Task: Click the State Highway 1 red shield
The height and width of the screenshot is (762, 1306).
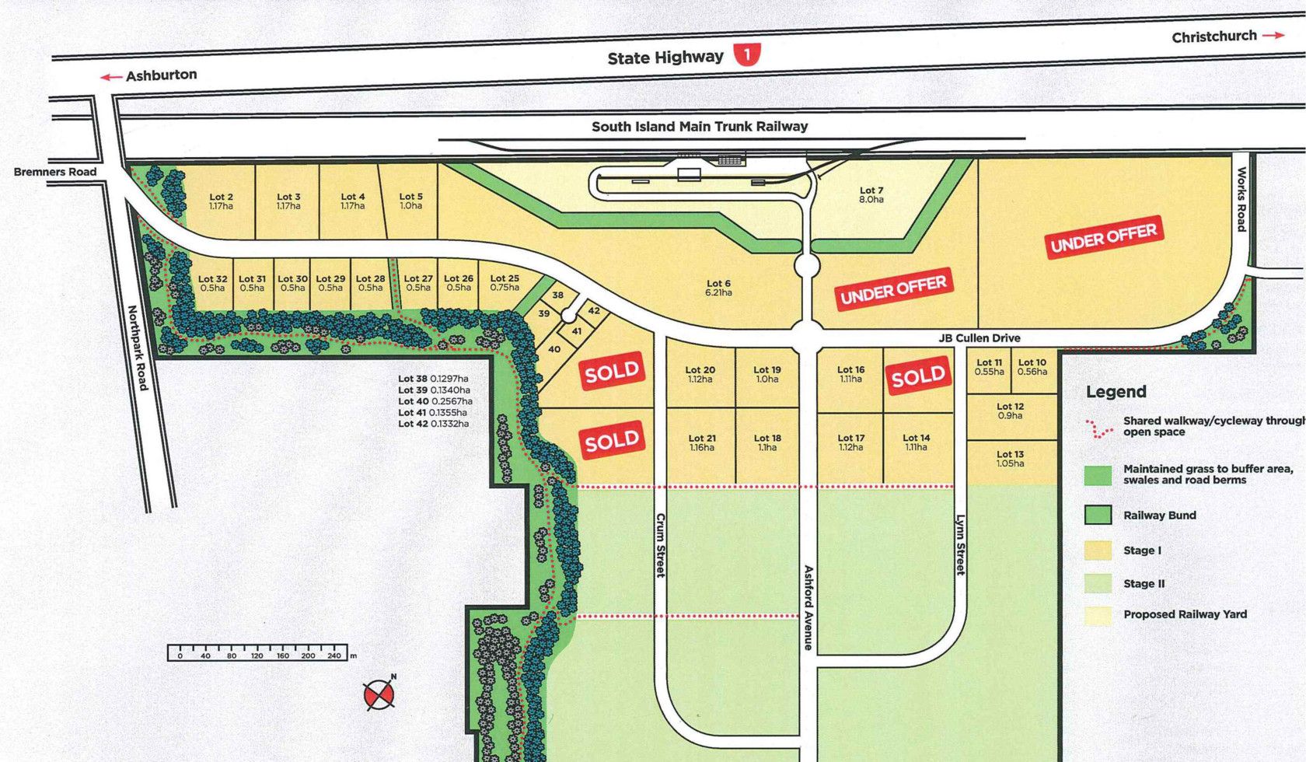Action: click(x=747, y=54)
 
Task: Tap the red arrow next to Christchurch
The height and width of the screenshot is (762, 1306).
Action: click(x=1273, y=35)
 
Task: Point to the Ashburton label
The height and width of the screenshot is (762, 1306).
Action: click(x=161, y=75)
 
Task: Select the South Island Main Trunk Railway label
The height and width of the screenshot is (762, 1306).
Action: click(x=700, y=127)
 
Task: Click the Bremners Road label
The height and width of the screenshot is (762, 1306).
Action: click(x=55, y=172)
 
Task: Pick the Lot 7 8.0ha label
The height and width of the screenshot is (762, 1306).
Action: click(x=871, y=195)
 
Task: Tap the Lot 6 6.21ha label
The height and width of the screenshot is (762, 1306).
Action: click(x=718, y=288)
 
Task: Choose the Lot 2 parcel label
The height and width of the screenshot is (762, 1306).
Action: click(x=221, y=202)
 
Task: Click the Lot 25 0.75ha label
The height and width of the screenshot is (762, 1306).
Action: click(x=505, y=283)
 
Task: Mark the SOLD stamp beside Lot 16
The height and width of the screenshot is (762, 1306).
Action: click(x=918, y=377)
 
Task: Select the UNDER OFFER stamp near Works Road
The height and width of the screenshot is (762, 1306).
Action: click(x=1104, y=236)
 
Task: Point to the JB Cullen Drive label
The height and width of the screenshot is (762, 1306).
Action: click(x=979, y=338)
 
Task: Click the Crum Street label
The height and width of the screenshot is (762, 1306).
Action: click(x=661, y=545)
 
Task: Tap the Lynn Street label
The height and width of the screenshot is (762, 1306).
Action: click(x=960, y=545)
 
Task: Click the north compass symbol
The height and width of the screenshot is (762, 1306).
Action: click(x=379, y=694)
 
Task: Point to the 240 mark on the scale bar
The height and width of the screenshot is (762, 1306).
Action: click(x=334, y=655)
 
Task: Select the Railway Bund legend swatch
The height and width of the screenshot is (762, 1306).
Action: click(x=1098, y=515)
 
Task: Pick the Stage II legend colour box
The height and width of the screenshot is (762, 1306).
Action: click(x=1098, y=584)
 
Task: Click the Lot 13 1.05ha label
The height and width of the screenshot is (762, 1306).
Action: click(x=1010, y=459)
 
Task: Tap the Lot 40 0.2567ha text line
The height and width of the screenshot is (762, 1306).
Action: click(x=435, y=401)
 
